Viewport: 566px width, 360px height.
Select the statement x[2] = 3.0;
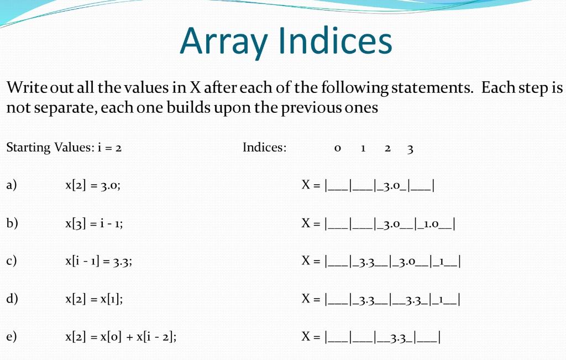tap(93, 186)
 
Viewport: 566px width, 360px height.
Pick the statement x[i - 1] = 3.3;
tap(98, 262)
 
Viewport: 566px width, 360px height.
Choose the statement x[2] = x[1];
tap(94, 299)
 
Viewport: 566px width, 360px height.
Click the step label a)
tap(12, 186)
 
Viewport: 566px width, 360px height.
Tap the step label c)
tap(12, 262)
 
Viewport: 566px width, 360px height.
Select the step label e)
tap(12, 337)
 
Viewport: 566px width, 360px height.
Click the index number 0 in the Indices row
tap(337, 148)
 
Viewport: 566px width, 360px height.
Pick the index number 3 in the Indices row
tap(410, 148)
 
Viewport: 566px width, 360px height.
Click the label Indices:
tap(265, 148)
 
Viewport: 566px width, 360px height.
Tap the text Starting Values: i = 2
tap(64, 148)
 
